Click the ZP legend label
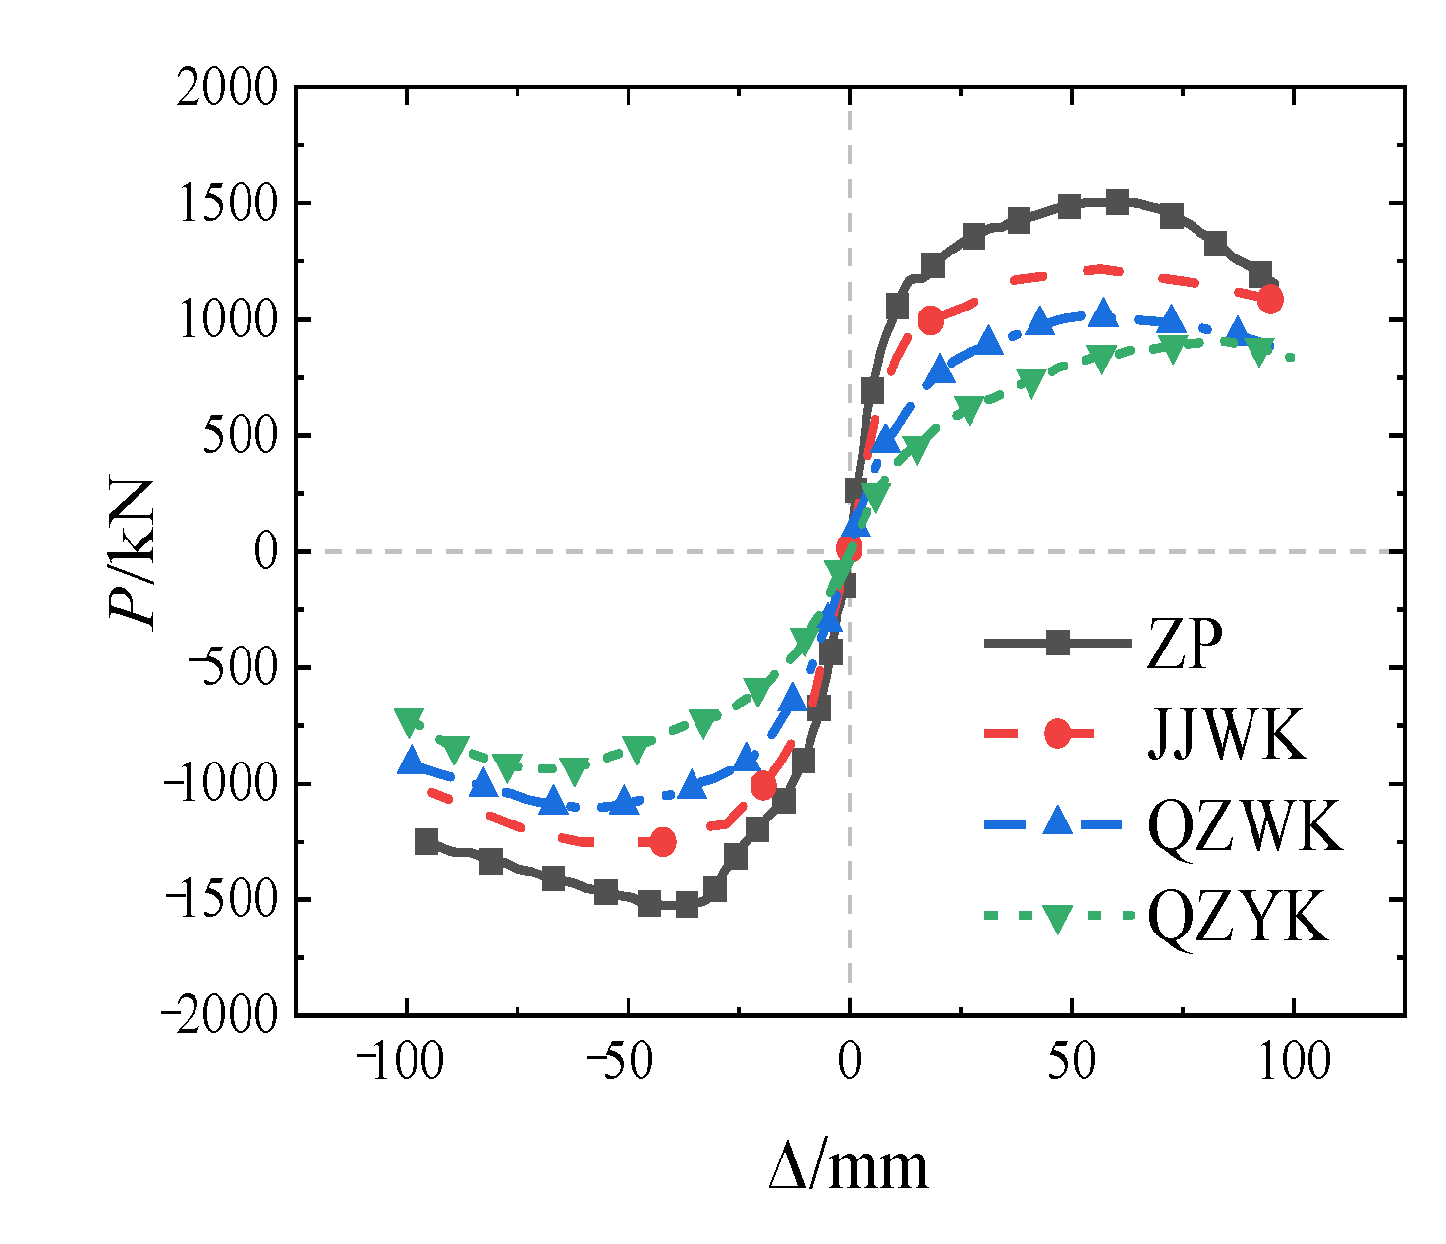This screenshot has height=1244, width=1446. point(1185,645)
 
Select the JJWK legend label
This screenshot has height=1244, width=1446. point(1227,734)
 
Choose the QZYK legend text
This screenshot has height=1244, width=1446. point(1238,916)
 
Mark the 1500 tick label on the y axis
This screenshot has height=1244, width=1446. point(228,204)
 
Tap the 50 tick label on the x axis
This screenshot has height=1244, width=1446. point(1071,1061)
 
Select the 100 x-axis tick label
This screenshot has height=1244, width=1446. point(1293,1061)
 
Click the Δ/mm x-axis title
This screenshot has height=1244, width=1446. point(848,1166)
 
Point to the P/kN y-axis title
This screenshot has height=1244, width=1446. point(133,551)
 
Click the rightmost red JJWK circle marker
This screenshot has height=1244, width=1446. point(1270,299)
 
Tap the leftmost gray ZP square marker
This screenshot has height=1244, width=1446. point(426,841)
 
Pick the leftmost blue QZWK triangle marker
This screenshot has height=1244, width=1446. point(411,760)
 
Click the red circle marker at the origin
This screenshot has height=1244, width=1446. point(849,548)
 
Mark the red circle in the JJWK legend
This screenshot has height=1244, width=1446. point(1057,734)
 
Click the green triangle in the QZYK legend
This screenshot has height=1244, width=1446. point(1057,918)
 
